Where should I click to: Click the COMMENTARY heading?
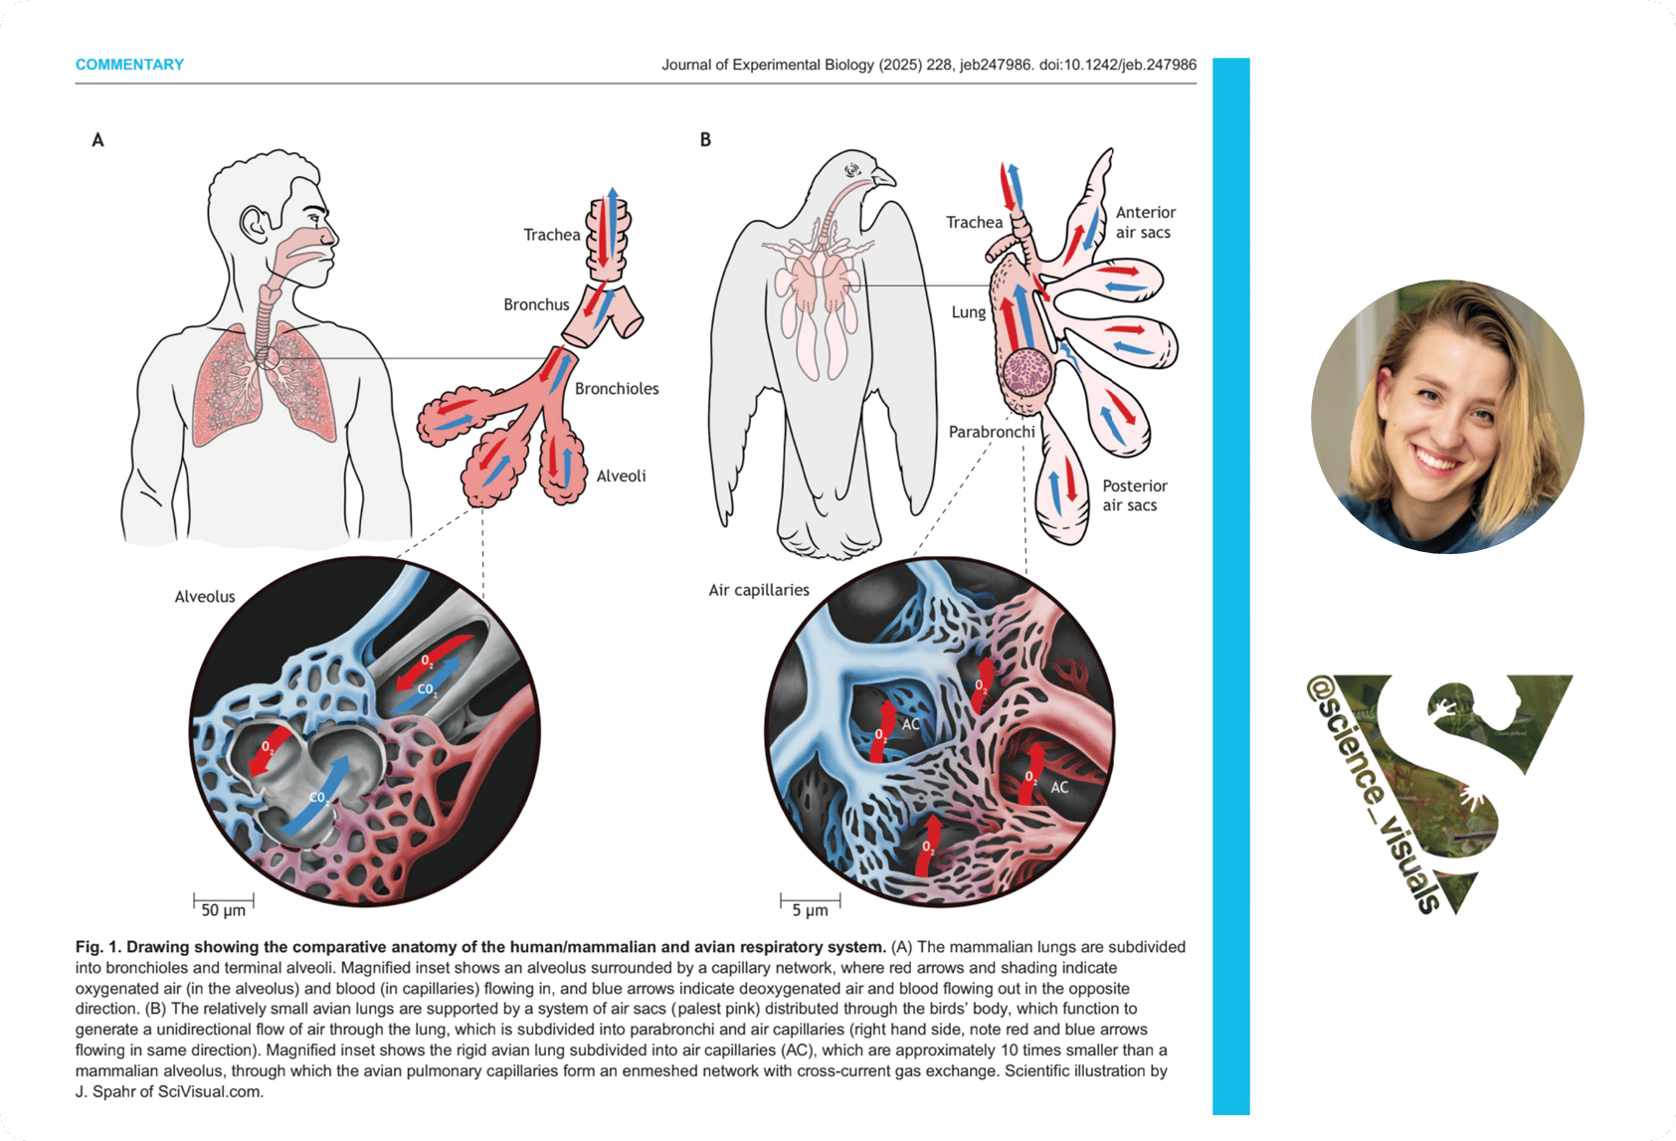[x=129, y=65]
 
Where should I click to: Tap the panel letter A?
[x=97, y=140]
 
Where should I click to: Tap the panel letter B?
[x=705, y=140]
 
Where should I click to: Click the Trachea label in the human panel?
[x=552, y=235]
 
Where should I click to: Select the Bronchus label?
[x=536, y=304]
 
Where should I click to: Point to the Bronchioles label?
[x=617, y=389]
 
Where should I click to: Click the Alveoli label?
[x=621, y=476]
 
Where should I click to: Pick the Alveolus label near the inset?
[x=205, y=597]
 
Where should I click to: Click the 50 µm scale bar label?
[x=223, y=910]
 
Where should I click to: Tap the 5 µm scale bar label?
[x=810, y=910]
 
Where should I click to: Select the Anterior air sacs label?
[x=1145, y=223]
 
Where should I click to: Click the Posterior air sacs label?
[x=1134, y=495]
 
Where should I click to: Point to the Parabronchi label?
[x=992, y=432]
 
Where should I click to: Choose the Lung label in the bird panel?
[x=968, y=312]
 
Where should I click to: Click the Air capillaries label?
[x=759, y=590]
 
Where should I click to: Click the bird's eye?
[x=851, y=170]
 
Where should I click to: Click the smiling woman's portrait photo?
[x=1447, y=417]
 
